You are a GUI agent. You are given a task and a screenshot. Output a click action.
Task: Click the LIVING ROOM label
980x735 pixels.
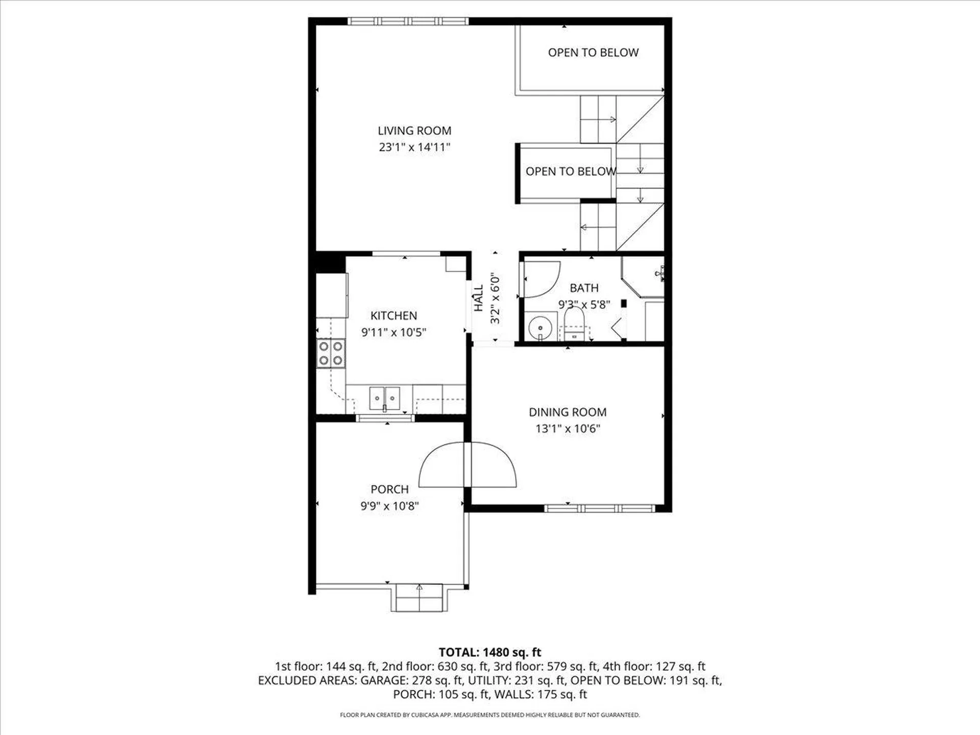tap(414, 131)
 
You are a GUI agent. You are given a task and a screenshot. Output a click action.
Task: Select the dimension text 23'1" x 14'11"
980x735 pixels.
tap(414, 148)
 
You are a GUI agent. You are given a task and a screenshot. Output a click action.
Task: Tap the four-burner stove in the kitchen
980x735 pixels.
tap(331, 353)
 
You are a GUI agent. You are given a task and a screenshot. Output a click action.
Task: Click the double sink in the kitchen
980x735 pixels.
tap(384, 397)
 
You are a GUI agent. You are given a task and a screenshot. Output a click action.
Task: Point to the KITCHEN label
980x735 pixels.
tap(394, 315)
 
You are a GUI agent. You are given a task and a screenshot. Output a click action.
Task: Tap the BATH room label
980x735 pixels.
tap(584, 288)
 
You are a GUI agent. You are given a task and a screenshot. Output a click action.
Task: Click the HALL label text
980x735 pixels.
tap(479, 298)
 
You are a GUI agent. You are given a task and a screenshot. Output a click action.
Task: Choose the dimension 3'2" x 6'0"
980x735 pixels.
tap(495, 298)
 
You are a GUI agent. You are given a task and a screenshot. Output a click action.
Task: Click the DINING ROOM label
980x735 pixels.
tap(567, 412)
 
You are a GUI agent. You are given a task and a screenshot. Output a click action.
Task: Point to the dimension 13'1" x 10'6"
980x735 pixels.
tap(567, 429)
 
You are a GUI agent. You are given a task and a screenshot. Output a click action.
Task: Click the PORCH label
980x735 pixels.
tap(389, 489)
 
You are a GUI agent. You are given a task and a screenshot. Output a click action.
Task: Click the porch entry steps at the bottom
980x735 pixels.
tap(419, 598)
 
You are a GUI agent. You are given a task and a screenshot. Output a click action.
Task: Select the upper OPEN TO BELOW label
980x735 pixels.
tap(593, 53)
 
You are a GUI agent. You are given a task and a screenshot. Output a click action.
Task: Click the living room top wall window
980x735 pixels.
tap(408, 21)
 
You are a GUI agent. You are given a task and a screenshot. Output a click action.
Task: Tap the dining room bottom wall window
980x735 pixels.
tap(599, 508)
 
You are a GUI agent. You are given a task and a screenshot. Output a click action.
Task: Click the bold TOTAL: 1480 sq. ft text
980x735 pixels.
tap(489, 652)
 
